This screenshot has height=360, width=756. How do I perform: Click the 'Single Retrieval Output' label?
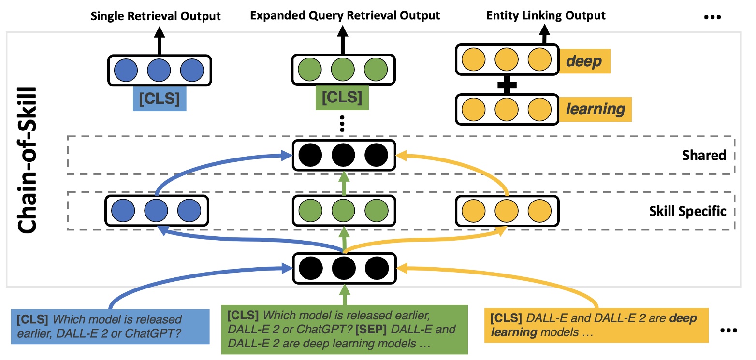tap(156, 16)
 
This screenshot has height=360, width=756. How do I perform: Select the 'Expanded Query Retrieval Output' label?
tap(345, 15)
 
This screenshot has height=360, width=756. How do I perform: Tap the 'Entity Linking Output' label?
tap(546, 15)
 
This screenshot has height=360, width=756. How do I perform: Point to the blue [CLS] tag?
tap(159, 99)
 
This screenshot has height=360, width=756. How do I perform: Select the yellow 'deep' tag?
tap(584, 62)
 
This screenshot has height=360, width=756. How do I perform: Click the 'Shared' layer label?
tap(704, 155)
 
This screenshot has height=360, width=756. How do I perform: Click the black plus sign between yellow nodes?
tap(507, 86)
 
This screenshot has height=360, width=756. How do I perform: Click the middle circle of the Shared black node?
tap(344, 155)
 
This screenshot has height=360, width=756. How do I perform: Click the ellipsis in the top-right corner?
tap(712, 18)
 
